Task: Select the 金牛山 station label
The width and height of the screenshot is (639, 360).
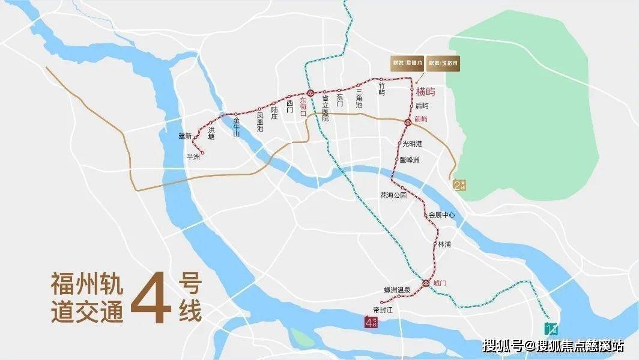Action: (237, 126)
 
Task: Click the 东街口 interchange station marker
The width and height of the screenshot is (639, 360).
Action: (310, 93)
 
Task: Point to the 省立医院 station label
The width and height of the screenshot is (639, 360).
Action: (326, 109)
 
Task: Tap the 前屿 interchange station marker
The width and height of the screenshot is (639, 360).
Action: (407, 122)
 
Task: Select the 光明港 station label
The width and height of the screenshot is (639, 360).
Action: (412, 144)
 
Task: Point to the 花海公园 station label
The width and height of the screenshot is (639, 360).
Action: (393, 196)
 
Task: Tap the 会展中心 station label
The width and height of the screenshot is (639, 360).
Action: (441, 215)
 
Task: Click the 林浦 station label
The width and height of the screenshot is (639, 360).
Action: (444, 245)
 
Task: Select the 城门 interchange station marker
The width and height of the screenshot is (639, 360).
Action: (426, 283)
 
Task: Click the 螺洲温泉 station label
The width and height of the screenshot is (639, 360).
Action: (397, 290)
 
